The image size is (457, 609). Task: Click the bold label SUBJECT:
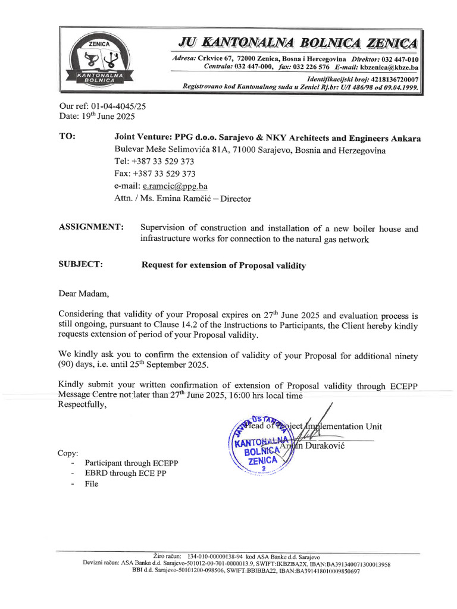click(81, 265)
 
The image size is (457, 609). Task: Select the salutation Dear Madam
click(84, 293)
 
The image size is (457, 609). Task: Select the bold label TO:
click(67, 137)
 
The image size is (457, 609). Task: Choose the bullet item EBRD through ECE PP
click(126, 473)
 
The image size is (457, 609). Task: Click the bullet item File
click(92, 484)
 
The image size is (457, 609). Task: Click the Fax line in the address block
click(155, 173)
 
